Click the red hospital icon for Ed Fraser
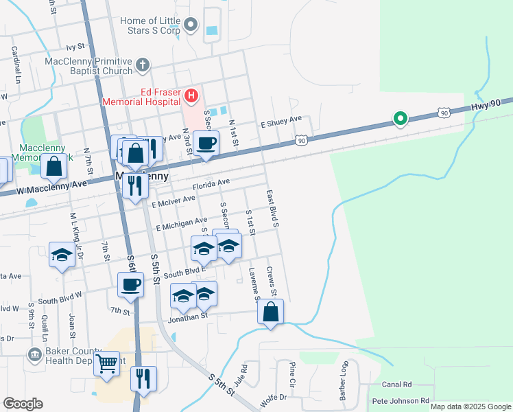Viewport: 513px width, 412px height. tap(191, 95)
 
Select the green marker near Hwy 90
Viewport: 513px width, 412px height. tap(400, 119)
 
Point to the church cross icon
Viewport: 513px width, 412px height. tap(142, 66)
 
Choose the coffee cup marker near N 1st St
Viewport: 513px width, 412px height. tap(206, 143)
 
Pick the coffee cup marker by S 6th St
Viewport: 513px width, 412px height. tap(130, 284)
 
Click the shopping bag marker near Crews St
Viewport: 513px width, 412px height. tap(271, 312)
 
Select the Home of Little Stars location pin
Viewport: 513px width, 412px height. tap(191, 26)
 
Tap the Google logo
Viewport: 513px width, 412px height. tap(23, 404)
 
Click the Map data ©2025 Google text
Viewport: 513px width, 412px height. tap(470, 407)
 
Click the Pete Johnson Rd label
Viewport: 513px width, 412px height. tap(400, 400)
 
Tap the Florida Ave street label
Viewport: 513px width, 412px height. tap(211, 185)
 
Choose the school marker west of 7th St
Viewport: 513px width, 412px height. tap(62, 255)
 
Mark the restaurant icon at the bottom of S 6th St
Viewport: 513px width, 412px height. tap(143, 378)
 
